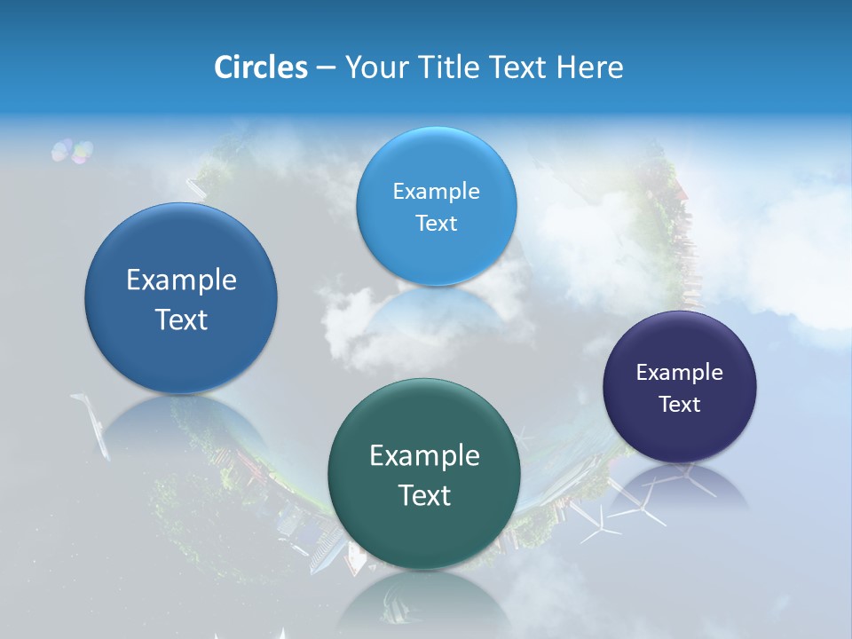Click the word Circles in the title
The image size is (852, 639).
[x=260, y=67]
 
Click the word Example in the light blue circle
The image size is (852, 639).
[x=436, y=191]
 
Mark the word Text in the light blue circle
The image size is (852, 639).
[x=436, y=223]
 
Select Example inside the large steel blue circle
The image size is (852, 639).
[x=181, y=280]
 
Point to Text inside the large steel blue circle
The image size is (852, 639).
[x=181, y=319]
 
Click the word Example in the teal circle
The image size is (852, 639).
[x=424, y=455]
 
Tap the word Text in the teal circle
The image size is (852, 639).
[x=424, y=495]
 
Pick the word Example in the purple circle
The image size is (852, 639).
[x=680, y=372]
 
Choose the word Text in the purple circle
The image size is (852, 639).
[x=680, y=404]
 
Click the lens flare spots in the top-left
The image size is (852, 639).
[x=72, y=151]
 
